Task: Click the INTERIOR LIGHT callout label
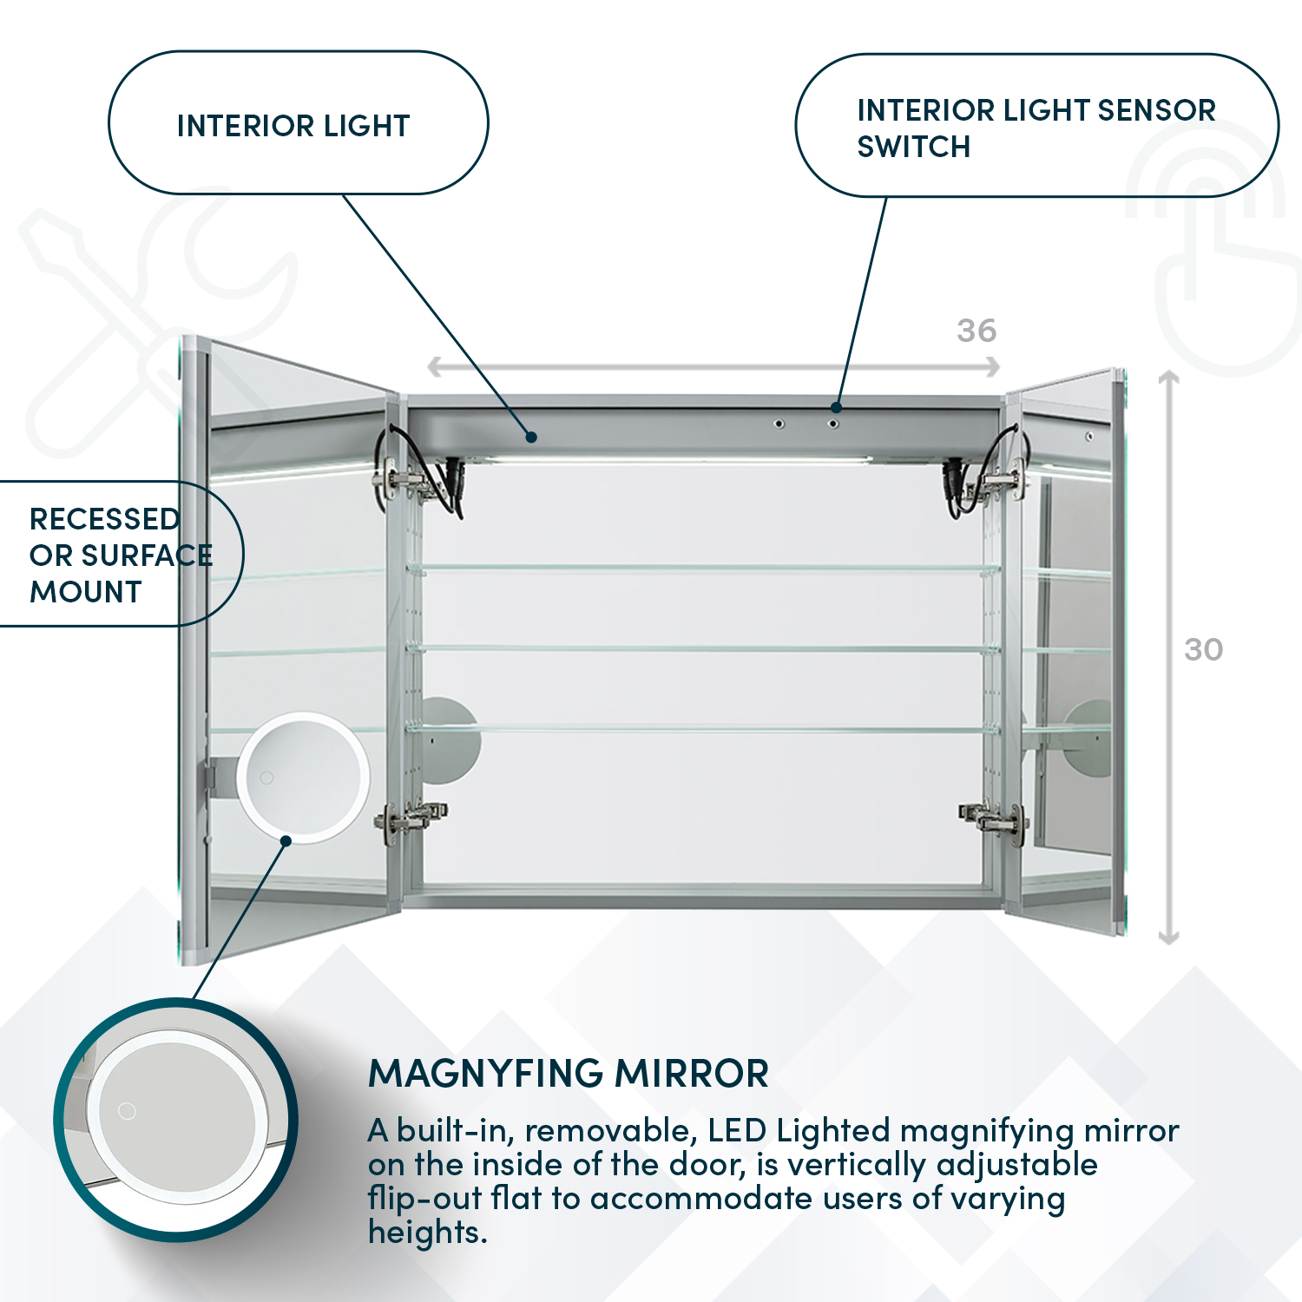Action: (x=293, y=126)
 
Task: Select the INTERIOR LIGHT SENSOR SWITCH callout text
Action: (x=1036, y=128)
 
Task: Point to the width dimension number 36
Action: (x=976, y=331)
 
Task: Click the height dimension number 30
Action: (x=1204, y=649)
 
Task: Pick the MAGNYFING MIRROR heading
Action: (x=569, y=1074)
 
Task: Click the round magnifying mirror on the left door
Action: (x=303, y=778)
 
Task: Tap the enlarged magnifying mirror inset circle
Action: (x=177, y=1120)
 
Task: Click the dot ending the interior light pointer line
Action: (x=531, y=437)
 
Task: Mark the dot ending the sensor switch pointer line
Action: (x=836, y=407)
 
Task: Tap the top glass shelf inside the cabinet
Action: (x=703, y=569)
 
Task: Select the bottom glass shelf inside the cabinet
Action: (x=703, y=730)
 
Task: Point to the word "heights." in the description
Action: (x=427, y=1233)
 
